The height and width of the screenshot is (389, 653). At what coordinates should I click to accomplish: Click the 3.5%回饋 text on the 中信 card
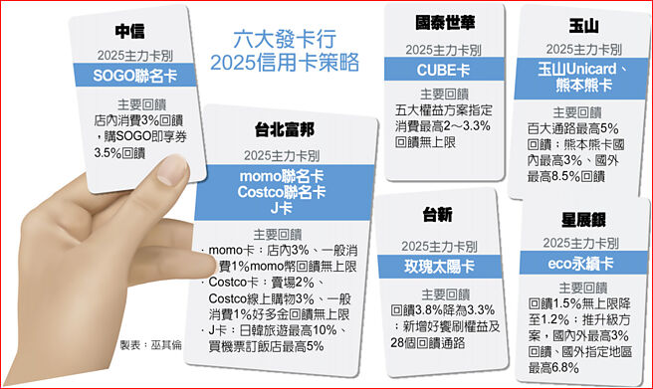tap(127, 152)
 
